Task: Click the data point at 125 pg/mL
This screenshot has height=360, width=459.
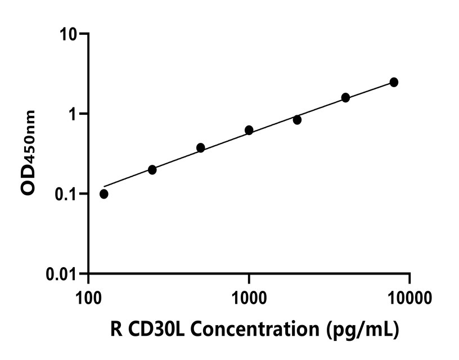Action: pos(104,194)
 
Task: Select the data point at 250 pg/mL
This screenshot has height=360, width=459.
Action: pos(152,170)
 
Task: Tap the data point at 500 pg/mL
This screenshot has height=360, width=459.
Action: pos(200,148)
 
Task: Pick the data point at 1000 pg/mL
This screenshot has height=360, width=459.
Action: pos(249,130)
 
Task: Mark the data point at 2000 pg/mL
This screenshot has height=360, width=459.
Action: pos(297,120)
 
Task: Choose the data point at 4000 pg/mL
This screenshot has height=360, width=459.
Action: pos(345,98)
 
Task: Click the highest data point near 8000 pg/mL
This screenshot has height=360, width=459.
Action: pos(394,82)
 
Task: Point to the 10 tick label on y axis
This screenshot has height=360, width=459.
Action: pos(70,34)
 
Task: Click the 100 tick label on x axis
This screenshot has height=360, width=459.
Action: pos(88,297)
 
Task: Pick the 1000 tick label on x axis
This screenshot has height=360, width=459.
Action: pos(249,297)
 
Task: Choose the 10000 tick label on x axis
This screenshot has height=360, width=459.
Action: pos(409,297)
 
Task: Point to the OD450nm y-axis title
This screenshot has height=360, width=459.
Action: pos(28,152)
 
